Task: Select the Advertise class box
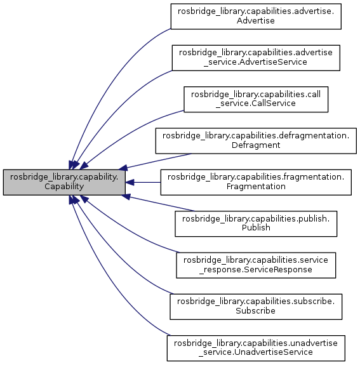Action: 257,16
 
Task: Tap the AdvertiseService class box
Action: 257,57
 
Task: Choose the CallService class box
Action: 257,99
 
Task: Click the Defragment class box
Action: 257,140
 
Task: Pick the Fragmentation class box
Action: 257,182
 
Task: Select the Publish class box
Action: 257,223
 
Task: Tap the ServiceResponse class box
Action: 257,265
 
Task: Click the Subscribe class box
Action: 257,307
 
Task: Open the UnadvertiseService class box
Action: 257,348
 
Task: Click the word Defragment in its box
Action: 257,145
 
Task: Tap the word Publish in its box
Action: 257,229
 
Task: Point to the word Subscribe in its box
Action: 257,312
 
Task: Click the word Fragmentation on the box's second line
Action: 257,187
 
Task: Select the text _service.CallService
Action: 257,104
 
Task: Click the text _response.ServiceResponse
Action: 257,270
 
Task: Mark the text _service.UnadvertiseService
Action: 257,353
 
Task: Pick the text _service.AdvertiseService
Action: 257,62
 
